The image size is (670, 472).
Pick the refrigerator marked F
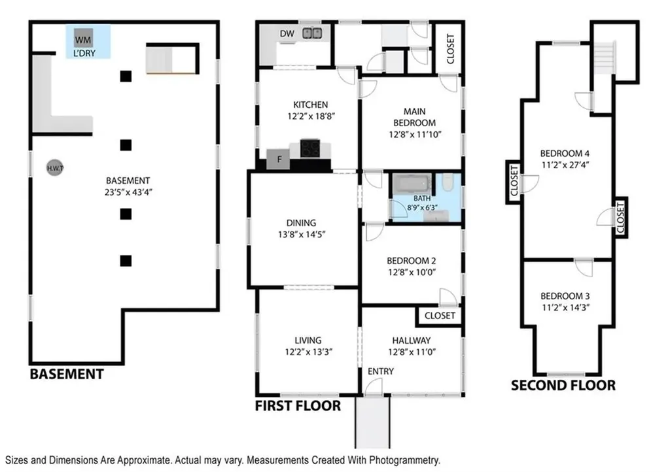point(278,159)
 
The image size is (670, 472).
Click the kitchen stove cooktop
point(310,149)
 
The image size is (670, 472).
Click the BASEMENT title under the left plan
point(66,375)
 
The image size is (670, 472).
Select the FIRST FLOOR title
point(298,406)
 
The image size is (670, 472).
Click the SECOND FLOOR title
point(563,385)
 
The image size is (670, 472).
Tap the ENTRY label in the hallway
point(381,371)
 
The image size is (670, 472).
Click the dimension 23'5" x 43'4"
point(128,192)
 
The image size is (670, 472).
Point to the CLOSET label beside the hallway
point(440,316)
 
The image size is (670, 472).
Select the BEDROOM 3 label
point(566,295)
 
